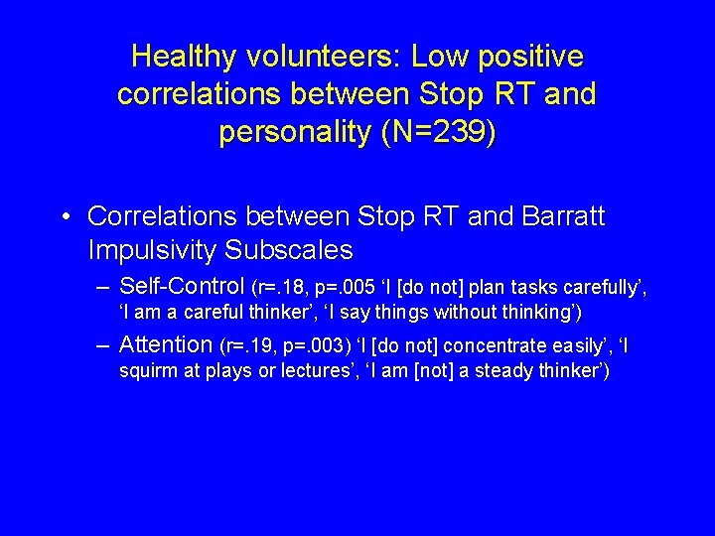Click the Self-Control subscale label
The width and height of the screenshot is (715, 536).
(x=182, y=287)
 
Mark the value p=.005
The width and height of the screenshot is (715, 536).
(x=341, y=288)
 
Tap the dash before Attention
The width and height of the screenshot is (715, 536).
(x=103, y=345)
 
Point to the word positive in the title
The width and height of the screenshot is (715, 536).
(x=536, y=57)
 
